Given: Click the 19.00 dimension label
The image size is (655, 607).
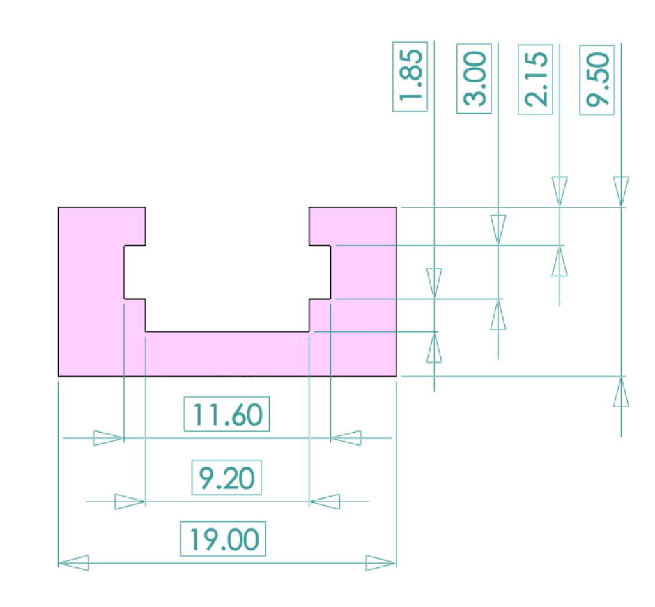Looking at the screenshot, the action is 224,539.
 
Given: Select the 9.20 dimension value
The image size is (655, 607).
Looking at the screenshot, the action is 226,478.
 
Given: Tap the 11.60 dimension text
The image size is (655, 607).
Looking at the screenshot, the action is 227,414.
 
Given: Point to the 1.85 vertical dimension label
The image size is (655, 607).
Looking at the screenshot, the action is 410,76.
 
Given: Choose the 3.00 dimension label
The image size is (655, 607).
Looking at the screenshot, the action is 475,78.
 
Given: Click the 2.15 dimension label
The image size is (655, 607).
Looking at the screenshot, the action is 536,79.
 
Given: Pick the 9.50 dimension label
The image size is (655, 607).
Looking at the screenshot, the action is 598,80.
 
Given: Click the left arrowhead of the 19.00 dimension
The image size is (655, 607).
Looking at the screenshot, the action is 74,562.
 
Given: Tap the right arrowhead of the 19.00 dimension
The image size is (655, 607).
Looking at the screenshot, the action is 380,562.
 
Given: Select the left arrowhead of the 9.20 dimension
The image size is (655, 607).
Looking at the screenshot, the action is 130,502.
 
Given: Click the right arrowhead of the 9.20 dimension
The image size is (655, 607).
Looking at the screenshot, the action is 325,502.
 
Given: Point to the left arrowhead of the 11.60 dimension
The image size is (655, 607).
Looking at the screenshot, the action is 109,438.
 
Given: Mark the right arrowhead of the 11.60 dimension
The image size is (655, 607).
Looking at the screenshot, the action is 346,438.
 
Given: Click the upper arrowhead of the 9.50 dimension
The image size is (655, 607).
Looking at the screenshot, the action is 621,192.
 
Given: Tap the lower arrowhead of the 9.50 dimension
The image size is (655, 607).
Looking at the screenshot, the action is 621,392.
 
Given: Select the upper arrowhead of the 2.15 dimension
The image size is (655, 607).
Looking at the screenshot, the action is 560,191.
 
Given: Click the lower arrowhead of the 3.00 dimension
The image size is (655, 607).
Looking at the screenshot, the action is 498,315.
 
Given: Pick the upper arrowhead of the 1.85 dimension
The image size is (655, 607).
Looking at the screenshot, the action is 434,284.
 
